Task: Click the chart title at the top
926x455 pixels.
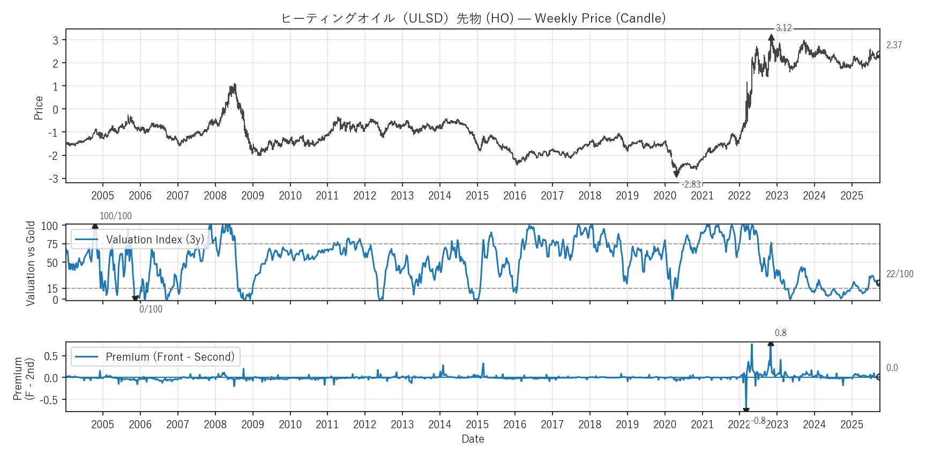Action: point(473,18)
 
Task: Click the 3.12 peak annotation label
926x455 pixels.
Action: point(783,28)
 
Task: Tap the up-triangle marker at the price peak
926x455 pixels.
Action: point(771,38)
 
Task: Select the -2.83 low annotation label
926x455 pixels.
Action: point(692,184)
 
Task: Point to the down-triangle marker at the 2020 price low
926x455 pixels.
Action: point(676,174)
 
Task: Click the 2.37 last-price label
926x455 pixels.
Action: point(894,45)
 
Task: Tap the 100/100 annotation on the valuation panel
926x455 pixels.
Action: point(116,216)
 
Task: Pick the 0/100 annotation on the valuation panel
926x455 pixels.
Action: point(151,309)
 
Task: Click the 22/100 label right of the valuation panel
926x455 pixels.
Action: point(900,274)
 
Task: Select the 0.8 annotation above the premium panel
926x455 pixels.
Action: point(781,333)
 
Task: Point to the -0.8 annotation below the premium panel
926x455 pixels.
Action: point(758,421)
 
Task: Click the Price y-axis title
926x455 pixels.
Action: point(39,108)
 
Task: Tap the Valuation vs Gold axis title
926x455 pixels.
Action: point(31,263)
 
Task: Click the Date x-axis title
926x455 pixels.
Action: point(473,439)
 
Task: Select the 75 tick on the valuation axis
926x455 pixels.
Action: point(52,244)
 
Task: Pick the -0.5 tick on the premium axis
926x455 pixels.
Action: point(51,400)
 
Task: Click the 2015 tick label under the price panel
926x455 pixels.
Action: point(477,196)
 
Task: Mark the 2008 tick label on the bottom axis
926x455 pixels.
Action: point(215,424)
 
